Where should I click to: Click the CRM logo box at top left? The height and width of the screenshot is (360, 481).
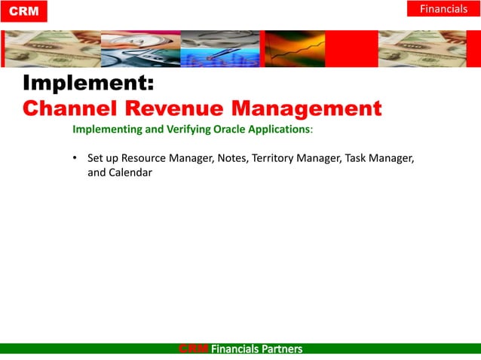coord(24,11)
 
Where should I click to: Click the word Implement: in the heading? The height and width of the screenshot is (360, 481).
coord(88,84)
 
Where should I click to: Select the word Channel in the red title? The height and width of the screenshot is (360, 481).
coord(72,108)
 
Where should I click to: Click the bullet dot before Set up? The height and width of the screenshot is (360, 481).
coord(76,159)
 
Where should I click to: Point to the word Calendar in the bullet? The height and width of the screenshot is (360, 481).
coord(131,172)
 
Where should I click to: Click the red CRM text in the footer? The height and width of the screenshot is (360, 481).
coord(193,349)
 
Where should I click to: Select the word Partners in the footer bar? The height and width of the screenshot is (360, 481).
coord(280,349)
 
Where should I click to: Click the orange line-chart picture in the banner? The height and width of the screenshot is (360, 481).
coord(295,49)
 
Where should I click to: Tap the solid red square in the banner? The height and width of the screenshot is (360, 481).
coord(351,49)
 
